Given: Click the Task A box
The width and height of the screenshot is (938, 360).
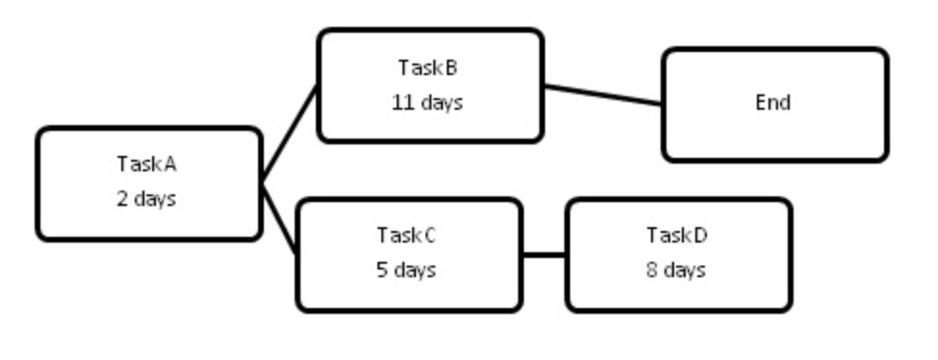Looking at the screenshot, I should pos(148,183).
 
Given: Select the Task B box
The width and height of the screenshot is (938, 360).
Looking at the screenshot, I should pos(430,86).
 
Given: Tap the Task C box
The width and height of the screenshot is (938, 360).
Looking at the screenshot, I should pos(408,254).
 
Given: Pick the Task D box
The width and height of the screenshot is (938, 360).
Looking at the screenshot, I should pos(678,254).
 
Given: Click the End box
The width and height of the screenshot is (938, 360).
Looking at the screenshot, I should pos(774,104).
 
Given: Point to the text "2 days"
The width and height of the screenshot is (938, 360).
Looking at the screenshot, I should pos(146,199).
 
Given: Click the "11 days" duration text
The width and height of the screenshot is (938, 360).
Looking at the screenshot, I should pos(428,102).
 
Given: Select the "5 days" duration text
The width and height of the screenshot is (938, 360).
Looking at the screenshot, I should pos(406,270).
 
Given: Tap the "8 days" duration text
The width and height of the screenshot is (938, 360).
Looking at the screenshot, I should pos(676,270).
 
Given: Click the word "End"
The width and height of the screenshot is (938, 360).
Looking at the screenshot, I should pos(773,103).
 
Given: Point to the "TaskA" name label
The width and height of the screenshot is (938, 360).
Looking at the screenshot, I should pos(146,164).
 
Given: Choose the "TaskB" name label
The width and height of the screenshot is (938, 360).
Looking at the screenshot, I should pos(428,68).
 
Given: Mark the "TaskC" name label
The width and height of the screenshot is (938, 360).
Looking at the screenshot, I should pos(406,235).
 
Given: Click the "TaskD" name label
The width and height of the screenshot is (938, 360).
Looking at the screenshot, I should pos(677,235).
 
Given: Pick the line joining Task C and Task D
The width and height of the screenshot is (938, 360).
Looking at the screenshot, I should pos(544,255).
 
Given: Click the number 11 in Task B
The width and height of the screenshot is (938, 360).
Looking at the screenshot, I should pos(403,102).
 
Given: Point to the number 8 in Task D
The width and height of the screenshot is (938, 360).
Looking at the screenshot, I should pos(652,270).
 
